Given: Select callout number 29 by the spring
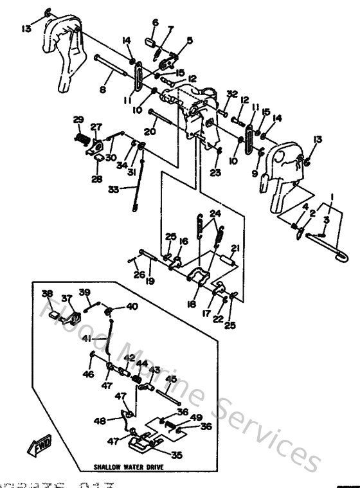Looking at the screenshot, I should tap(78, 120).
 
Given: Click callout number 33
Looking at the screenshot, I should tap(114, 189).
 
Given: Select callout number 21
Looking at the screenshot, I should tap(235, 248).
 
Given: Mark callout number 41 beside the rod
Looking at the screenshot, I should tap(85, 338).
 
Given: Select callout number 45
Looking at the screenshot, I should tap(170, 379).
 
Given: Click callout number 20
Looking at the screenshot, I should tap(150, 131).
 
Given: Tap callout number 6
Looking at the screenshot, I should tap(155, 24).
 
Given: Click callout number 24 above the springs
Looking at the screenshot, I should tap(214, 213).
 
